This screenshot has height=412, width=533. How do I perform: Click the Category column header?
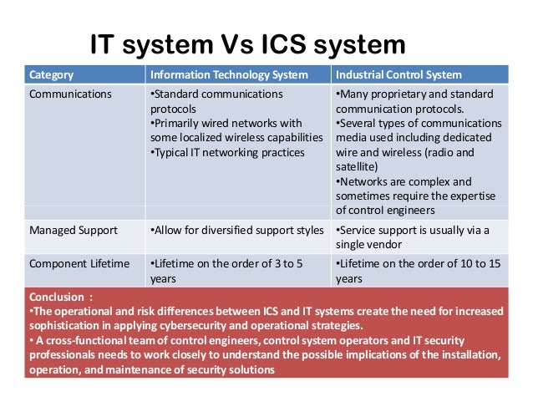(x=51, y=74)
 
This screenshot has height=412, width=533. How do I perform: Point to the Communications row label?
(x=70, y=94)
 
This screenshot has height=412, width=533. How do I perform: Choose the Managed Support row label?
(x=74, y=230)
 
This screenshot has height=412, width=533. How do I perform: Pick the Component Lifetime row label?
(x=79, y=264)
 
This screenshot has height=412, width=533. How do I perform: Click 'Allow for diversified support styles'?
(x=236, y=230)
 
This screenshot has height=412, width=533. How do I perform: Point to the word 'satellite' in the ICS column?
(x=362, y=166)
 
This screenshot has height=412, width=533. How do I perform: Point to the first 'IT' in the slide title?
(x=106, y=45)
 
